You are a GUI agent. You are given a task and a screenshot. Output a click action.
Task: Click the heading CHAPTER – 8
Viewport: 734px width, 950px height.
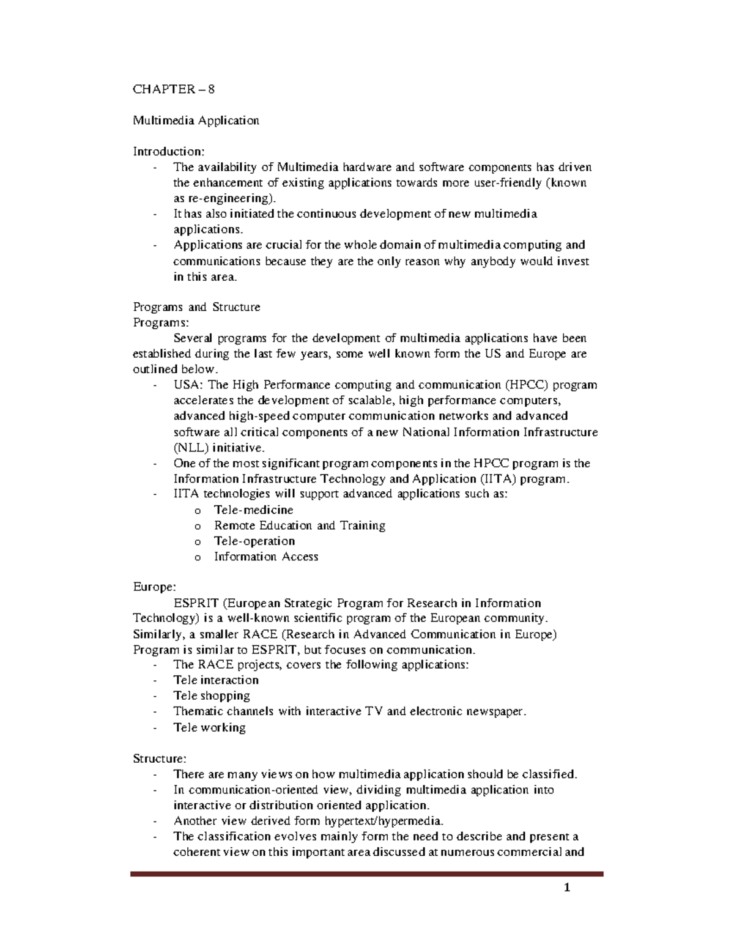pyautogui.click(x=174, y=89)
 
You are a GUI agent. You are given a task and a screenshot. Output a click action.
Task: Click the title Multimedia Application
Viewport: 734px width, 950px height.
pyautogui.click(x=196, y=121)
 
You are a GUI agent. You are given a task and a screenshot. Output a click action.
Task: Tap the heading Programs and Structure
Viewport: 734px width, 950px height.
pyautogui.click(x=196, y=307)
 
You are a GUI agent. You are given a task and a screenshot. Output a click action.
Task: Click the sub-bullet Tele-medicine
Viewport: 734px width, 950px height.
pyautogui.click(x=253, y=510)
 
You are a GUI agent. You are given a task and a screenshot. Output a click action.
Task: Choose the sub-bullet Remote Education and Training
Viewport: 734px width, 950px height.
pyautogui.click(x=299, y=525)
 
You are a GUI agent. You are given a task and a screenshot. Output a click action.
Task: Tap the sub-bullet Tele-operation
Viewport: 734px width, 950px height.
pyautogui.click(x=254, y=541)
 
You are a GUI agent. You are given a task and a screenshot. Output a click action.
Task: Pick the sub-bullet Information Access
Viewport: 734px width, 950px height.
pyautogui.click(x=265, y=557)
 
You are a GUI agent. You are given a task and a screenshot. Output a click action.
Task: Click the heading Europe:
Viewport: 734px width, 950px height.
pyautogui.click(x=154, y=587)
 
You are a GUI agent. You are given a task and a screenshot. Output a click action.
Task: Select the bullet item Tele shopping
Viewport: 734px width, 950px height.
pyautogui.click(x=212, y=696)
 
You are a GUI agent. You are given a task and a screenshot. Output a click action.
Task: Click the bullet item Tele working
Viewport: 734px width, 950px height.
pyautogui.click(x=209, y=727)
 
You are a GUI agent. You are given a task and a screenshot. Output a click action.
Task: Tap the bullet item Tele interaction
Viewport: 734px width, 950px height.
pyautogui.click(x=216, y=680)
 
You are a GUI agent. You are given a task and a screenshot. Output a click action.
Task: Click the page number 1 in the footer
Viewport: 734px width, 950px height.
pyautogui.click(x=567, y=888)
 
